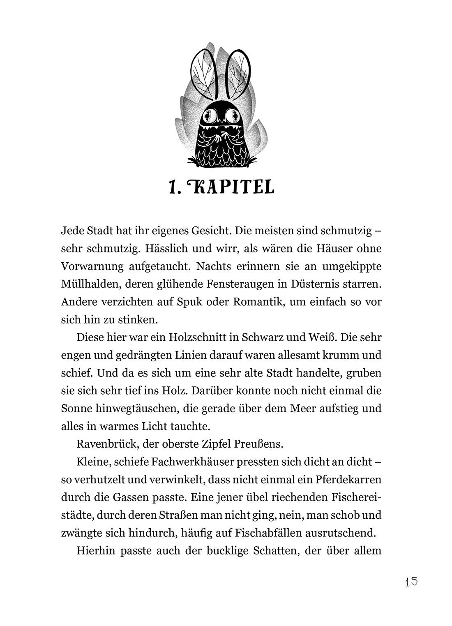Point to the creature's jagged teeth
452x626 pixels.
click(x=225, y=131)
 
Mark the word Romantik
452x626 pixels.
click(x=258, y=302)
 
